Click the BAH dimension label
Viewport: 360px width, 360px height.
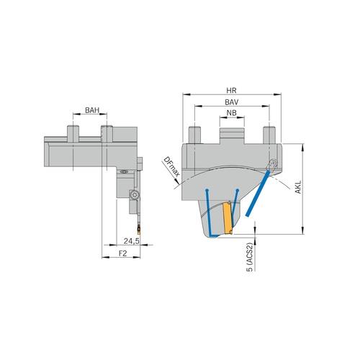pos(91,110)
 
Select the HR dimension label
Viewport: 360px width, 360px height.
pos(230,91)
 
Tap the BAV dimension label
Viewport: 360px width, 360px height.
pos(230,104)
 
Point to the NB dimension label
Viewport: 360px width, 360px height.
pos(230,114)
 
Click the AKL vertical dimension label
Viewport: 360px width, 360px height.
pos(298,189)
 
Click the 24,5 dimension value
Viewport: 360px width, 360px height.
pos(131,240)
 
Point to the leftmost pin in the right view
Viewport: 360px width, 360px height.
pos(193,134)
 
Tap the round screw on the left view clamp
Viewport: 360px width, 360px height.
pos(134,195)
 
